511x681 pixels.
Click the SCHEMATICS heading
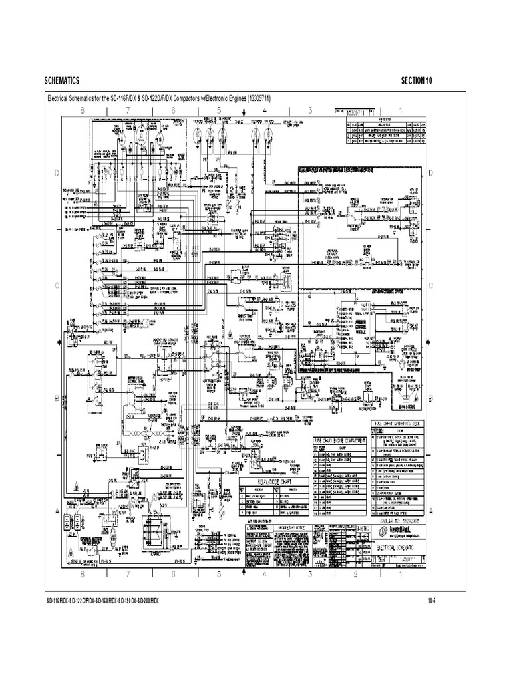point(62,80)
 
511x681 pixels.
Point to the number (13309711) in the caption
point(248,99)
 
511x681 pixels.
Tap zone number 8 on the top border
point(83,110)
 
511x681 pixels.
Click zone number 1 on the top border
point(400,110)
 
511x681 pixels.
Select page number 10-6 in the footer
point(431,600)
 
